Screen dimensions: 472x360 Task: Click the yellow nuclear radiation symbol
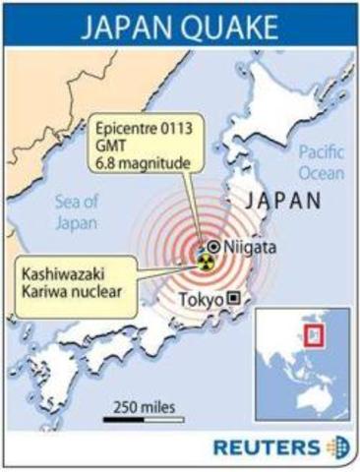pyautogui.click(x=205, y=264)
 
